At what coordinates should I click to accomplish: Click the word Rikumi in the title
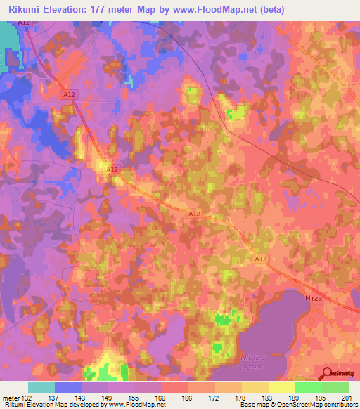24,9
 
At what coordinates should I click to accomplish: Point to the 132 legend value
26,398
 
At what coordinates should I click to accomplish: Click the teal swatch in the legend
41,387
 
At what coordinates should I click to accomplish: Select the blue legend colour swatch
68,387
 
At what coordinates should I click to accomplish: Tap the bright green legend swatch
309,387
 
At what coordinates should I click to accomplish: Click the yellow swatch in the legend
282,387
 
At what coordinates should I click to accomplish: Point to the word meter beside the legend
11,398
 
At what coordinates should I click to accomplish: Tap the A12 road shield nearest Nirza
261,259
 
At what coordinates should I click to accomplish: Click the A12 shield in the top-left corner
25,23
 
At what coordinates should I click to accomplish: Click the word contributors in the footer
340,405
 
